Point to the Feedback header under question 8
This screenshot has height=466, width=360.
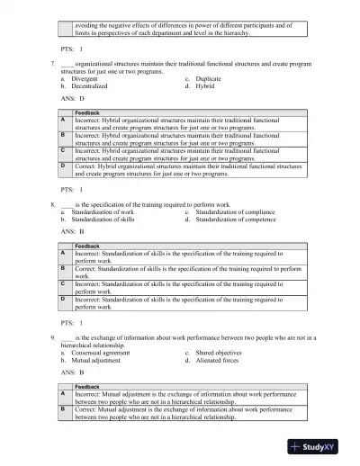[87, 246]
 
